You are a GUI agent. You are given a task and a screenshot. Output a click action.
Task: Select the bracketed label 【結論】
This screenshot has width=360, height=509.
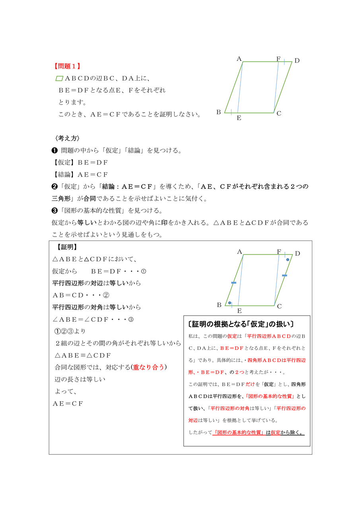click(x=63, y=175)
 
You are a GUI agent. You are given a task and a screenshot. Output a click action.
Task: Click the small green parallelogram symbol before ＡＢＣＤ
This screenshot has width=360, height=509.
click(x=60, y=79)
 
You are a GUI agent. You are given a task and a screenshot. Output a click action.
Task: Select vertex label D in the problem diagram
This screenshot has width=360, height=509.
click(x=297, y=61)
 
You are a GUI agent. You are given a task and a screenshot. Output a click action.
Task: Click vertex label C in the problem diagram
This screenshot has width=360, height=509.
click(x=279, y=114)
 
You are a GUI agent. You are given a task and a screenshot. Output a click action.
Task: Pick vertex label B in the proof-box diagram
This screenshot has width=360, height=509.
click(x=219, y=305)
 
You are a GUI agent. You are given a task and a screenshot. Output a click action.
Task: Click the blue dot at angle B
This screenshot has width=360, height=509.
click(x=230, y=303)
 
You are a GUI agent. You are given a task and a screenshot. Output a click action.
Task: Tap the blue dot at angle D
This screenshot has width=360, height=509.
click(x=288, y=260)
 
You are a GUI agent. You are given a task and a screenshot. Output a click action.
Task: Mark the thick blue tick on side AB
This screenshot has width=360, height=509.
click(x=234, y=283)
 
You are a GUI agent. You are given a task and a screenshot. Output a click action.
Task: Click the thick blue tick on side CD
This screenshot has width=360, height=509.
click(x=284, y=275)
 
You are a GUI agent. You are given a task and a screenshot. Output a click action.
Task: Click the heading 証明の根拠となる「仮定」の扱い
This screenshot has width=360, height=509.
click(x=241, y=324)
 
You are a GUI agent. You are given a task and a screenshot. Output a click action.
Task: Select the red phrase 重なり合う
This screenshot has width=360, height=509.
click(x=148, y=367)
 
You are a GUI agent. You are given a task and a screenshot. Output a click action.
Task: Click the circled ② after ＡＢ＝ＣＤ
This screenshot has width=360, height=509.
click(x=106, y=295)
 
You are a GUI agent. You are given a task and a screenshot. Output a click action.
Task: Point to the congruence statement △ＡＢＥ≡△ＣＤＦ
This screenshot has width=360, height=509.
click(x=83, y=355)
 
